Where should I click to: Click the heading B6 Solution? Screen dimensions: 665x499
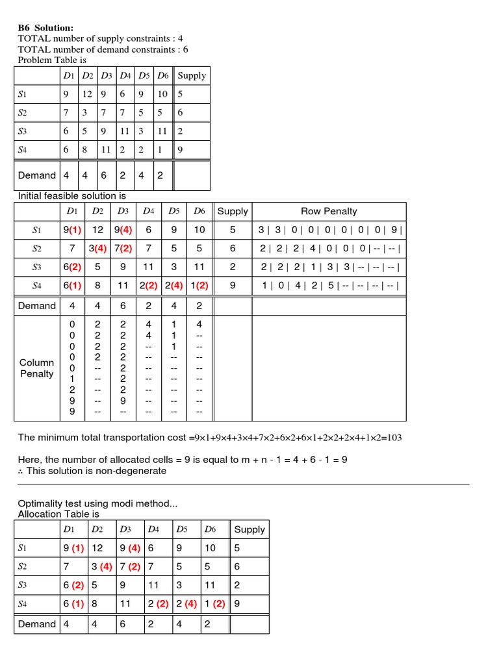45,28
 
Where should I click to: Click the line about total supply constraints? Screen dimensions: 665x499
100,38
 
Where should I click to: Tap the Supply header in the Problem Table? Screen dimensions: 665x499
192,75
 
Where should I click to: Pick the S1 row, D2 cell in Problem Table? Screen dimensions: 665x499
88,94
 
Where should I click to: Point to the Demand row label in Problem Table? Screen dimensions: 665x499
37,175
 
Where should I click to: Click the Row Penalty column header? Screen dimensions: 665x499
329,211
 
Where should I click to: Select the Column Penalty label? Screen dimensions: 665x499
37,368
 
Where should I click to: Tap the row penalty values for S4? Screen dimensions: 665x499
329,285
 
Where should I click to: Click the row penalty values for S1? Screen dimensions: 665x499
329,229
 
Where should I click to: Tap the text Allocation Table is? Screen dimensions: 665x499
58,514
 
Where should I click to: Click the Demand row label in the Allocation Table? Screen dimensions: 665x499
37,624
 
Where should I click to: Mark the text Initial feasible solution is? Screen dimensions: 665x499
72,195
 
